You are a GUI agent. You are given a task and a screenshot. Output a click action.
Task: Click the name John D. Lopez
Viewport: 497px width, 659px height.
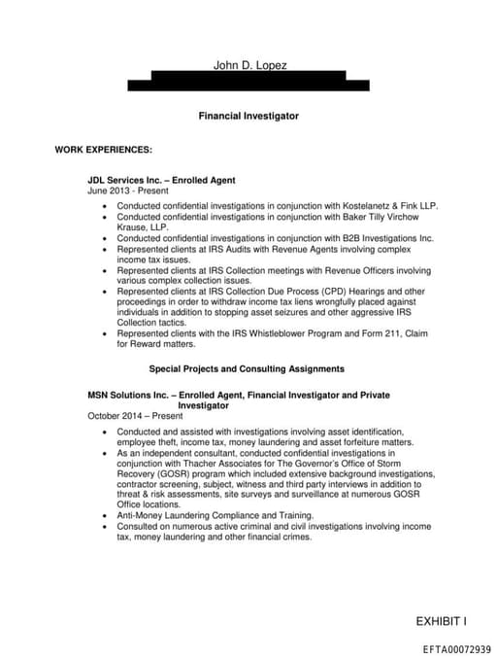249,65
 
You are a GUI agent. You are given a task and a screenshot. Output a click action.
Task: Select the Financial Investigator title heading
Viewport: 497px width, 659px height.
248,116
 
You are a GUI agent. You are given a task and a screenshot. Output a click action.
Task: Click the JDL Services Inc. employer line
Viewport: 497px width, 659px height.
161,180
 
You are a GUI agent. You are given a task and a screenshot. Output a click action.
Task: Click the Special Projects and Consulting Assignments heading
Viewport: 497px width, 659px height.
247,369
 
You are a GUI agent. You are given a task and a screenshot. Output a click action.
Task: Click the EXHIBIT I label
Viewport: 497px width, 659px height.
441,621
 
